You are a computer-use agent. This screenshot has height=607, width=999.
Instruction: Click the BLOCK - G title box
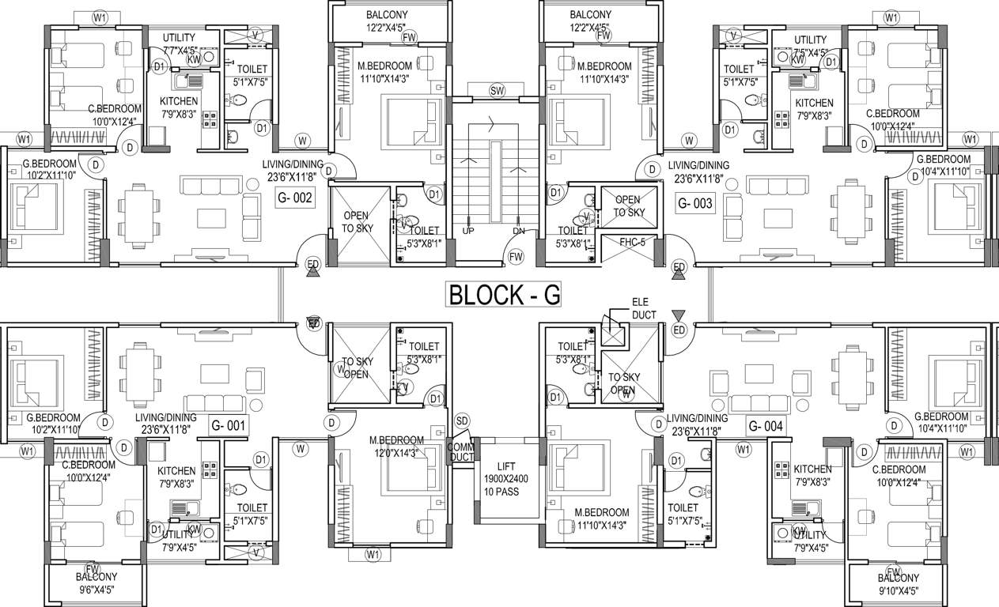(x=505, y=294)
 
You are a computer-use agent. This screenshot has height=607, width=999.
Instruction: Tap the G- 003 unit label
(x=695, y=203)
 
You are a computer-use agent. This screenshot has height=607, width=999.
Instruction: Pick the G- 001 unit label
(x=229, y=425)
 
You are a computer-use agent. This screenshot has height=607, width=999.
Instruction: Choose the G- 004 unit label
(x=765, y=427)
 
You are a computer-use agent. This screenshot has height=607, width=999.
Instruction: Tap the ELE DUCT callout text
(x=644, y=308)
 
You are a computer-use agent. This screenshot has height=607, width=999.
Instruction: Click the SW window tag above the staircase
(x=497, y=92)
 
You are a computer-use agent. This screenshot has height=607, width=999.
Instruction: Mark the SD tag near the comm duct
(x=463, y=420)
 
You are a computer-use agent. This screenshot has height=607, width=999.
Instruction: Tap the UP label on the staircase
(x=468, y=231)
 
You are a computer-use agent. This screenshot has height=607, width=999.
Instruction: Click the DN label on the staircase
(x=519, y=231)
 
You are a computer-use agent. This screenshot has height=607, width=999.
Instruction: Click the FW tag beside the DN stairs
(x=517, y=256)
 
